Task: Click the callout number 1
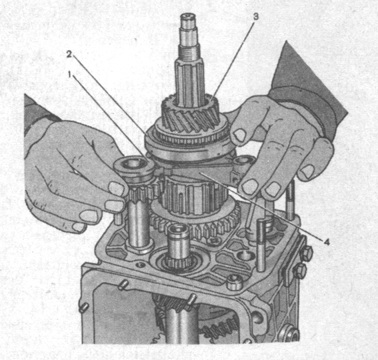click(70, 75)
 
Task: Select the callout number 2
click(69, 55)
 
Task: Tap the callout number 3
click(255, 17)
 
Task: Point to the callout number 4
click(327, 242)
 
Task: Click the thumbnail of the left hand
click(115, 189)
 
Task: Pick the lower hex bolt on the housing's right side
click(300, 270)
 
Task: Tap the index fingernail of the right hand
click(239, 135)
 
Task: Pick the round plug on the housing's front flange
click(234, 281)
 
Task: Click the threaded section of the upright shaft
click(189, 53)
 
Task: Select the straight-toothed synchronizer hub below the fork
click(193, 196)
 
